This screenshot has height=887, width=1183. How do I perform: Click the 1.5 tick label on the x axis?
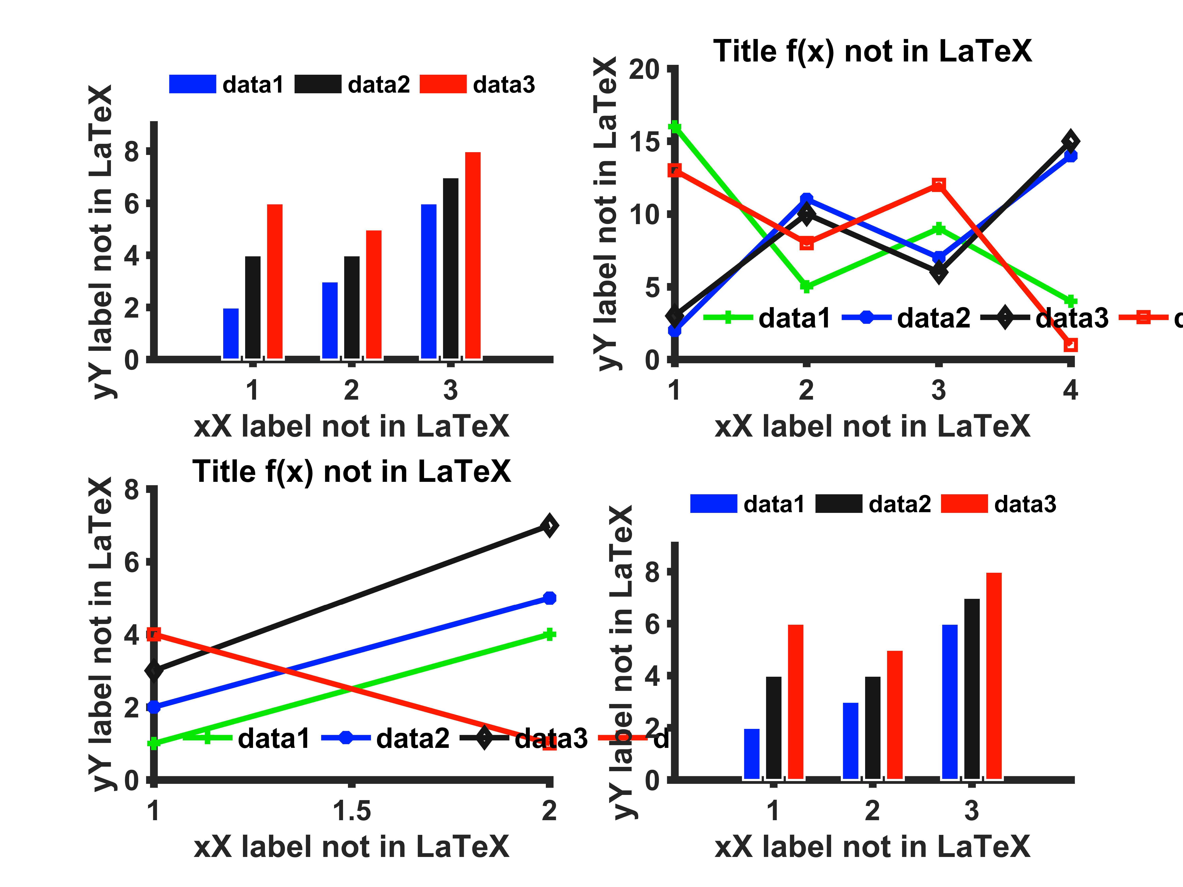[351, 811]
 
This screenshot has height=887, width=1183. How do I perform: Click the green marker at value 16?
[675, 127]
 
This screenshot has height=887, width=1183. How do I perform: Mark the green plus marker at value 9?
[939, 229]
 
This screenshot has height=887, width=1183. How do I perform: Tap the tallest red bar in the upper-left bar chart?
[473, 256]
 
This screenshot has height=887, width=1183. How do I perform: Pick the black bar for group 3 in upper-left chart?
[451, 268]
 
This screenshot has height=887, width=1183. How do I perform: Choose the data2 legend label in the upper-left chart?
[379, 84]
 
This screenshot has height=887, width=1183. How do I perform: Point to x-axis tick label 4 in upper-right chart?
[1070, 390]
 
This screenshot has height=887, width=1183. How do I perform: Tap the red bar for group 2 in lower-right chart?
[895, 715]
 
